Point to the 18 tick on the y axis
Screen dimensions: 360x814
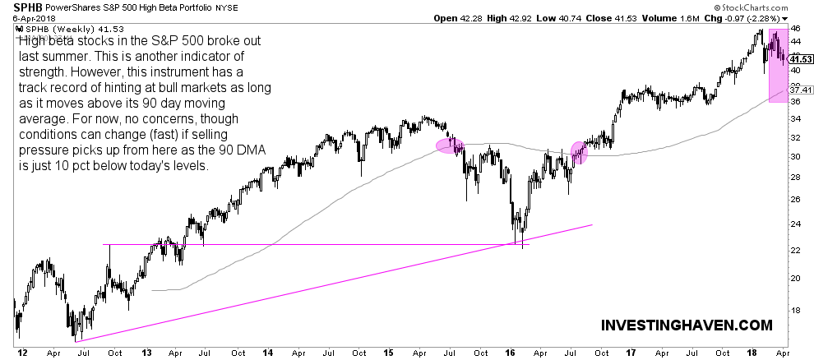click(x=795, y=310)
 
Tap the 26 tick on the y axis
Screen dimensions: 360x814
click(x=795, y=199)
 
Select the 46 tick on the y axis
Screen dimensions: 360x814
click(x=795, y=28)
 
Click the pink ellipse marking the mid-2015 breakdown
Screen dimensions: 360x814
click(x=450, y=145)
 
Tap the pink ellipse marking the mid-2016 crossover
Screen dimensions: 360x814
click(x=580, y=152)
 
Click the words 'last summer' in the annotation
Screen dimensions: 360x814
click(x=52, y=72)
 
